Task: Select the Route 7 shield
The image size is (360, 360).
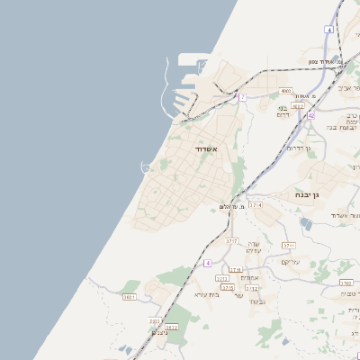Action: (242, 96)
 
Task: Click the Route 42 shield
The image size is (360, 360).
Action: (311, 115)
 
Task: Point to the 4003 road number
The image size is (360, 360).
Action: (285, 91)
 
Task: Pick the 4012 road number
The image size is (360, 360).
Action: (298, 106)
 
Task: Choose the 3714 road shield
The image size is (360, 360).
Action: (256, 205)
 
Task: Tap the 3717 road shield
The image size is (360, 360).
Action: (231, 241)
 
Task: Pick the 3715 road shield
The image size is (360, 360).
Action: (228, 288)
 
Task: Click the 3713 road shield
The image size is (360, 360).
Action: (251, 288)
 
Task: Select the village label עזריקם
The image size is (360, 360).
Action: (290, 262)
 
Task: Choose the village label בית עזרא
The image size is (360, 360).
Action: (206, 294)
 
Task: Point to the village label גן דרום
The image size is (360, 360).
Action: (296, 147)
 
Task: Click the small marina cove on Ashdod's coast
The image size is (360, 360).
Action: (145, 166)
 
